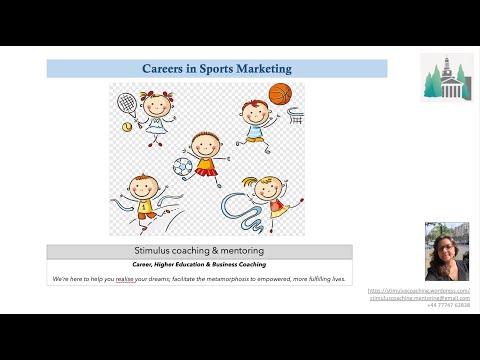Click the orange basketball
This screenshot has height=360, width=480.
coord(280,95)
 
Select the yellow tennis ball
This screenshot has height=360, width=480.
coord(127,127)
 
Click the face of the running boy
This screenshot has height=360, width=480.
coord(144,187)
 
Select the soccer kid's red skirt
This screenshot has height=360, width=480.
coord(206,170)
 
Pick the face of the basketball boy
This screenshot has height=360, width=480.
coord(252,109)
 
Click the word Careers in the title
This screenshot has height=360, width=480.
coord(165,69)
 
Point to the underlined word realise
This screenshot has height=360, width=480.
coord(125,277)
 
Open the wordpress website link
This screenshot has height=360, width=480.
coord(419,291)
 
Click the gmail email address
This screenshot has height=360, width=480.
coord(419,298)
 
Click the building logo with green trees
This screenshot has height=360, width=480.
coord(446,78)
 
